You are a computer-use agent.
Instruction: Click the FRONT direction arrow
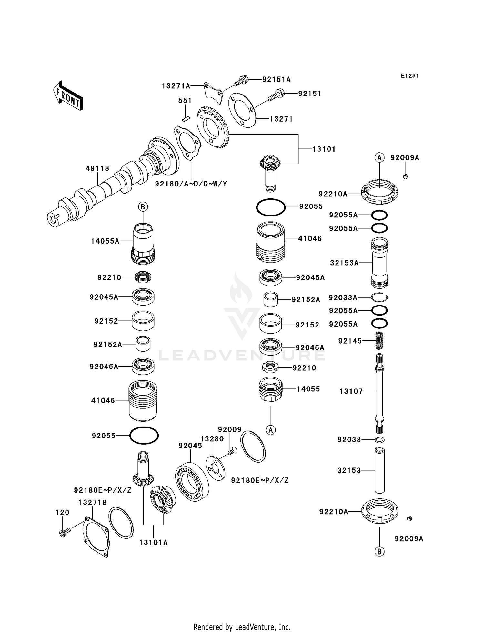tap(68, 96)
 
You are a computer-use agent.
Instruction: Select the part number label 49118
tap(97, 168)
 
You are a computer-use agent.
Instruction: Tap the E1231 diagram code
tap(410, 76)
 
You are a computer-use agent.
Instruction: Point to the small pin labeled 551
tap(185, 119)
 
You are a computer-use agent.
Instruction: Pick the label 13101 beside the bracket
tap(324, 149)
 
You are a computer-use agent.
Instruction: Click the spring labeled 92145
tap(380, 340)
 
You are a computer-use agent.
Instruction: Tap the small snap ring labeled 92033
tap(380, 439)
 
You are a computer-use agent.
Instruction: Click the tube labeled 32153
tap(380, 470)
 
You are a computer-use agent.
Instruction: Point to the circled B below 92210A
tap(379, 551)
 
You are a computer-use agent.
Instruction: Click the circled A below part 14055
tap(271, 430)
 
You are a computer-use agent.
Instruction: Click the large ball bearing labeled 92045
tap(192, 481)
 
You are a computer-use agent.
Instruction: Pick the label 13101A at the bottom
tap(153, 542)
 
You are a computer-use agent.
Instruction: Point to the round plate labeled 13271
tap(242, 110)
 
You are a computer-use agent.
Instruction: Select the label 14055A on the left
tap(105, 241)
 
